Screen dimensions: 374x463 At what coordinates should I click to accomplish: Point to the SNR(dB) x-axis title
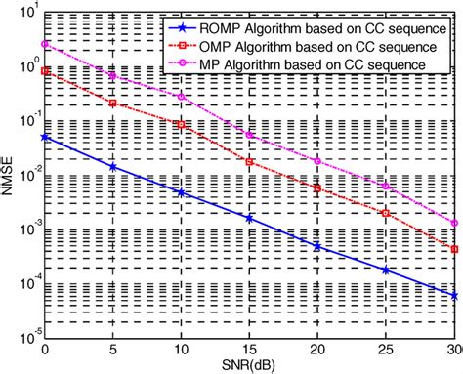click(250, 366)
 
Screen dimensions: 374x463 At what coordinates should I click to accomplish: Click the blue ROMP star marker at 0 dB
click(45, 138)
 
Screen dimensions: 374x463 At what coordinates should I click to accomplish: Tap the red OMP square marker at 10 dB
click(182, 125)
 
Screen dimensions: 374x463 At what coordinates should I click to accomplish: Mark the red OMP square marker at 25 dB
click(387, 213)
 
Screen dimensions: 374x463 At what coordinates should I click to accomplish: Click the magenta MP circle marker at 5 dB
click(113, 76)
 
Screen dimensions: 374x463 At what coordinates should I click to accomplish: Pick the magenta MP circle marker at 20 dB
click(318, 160)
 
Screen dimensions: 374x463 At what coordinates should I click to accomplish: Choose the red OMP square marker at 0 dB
click(45, 70)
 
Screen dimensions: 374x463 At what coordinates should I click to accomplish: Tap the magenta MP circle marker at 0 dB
click(45, 45)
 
